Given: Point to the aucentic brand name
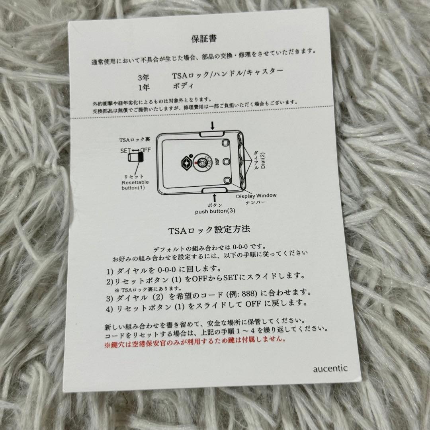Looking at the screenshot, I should (x=330, y=368).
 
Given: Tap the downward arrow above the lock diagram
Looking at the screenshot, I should (x=213, y=126).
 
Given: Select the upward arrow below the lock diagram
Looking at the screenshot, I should (x=215, y=197).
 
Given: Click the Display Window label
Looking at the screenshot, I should (x=256, y=195).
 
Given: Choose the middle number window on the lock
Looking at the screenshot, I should (x=227, y=162).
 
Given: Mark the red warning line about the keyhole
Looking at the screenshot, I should (x=195, y=339).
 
